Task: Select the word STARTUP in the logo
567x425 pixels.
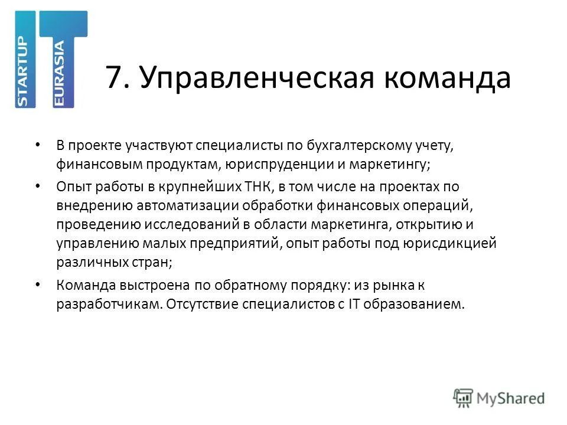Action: coord(24,71)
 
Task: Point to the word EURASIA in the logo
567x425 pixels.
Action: coord(60,74)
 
